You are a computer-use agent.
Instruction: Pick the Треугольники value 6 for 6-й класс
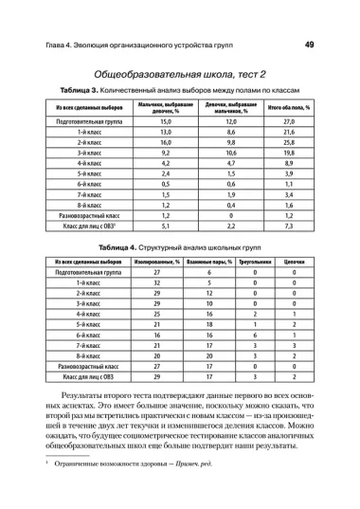[x=255, y=336]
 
